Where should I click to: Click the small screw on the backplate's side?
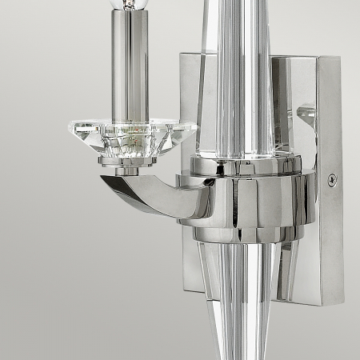click(332, 180)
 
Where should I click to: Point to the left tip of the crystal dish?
click(66, 126)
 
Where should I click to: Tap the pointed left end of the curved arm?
click(102, 181)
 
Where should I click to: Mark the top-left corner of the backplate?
click(181, 54)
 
